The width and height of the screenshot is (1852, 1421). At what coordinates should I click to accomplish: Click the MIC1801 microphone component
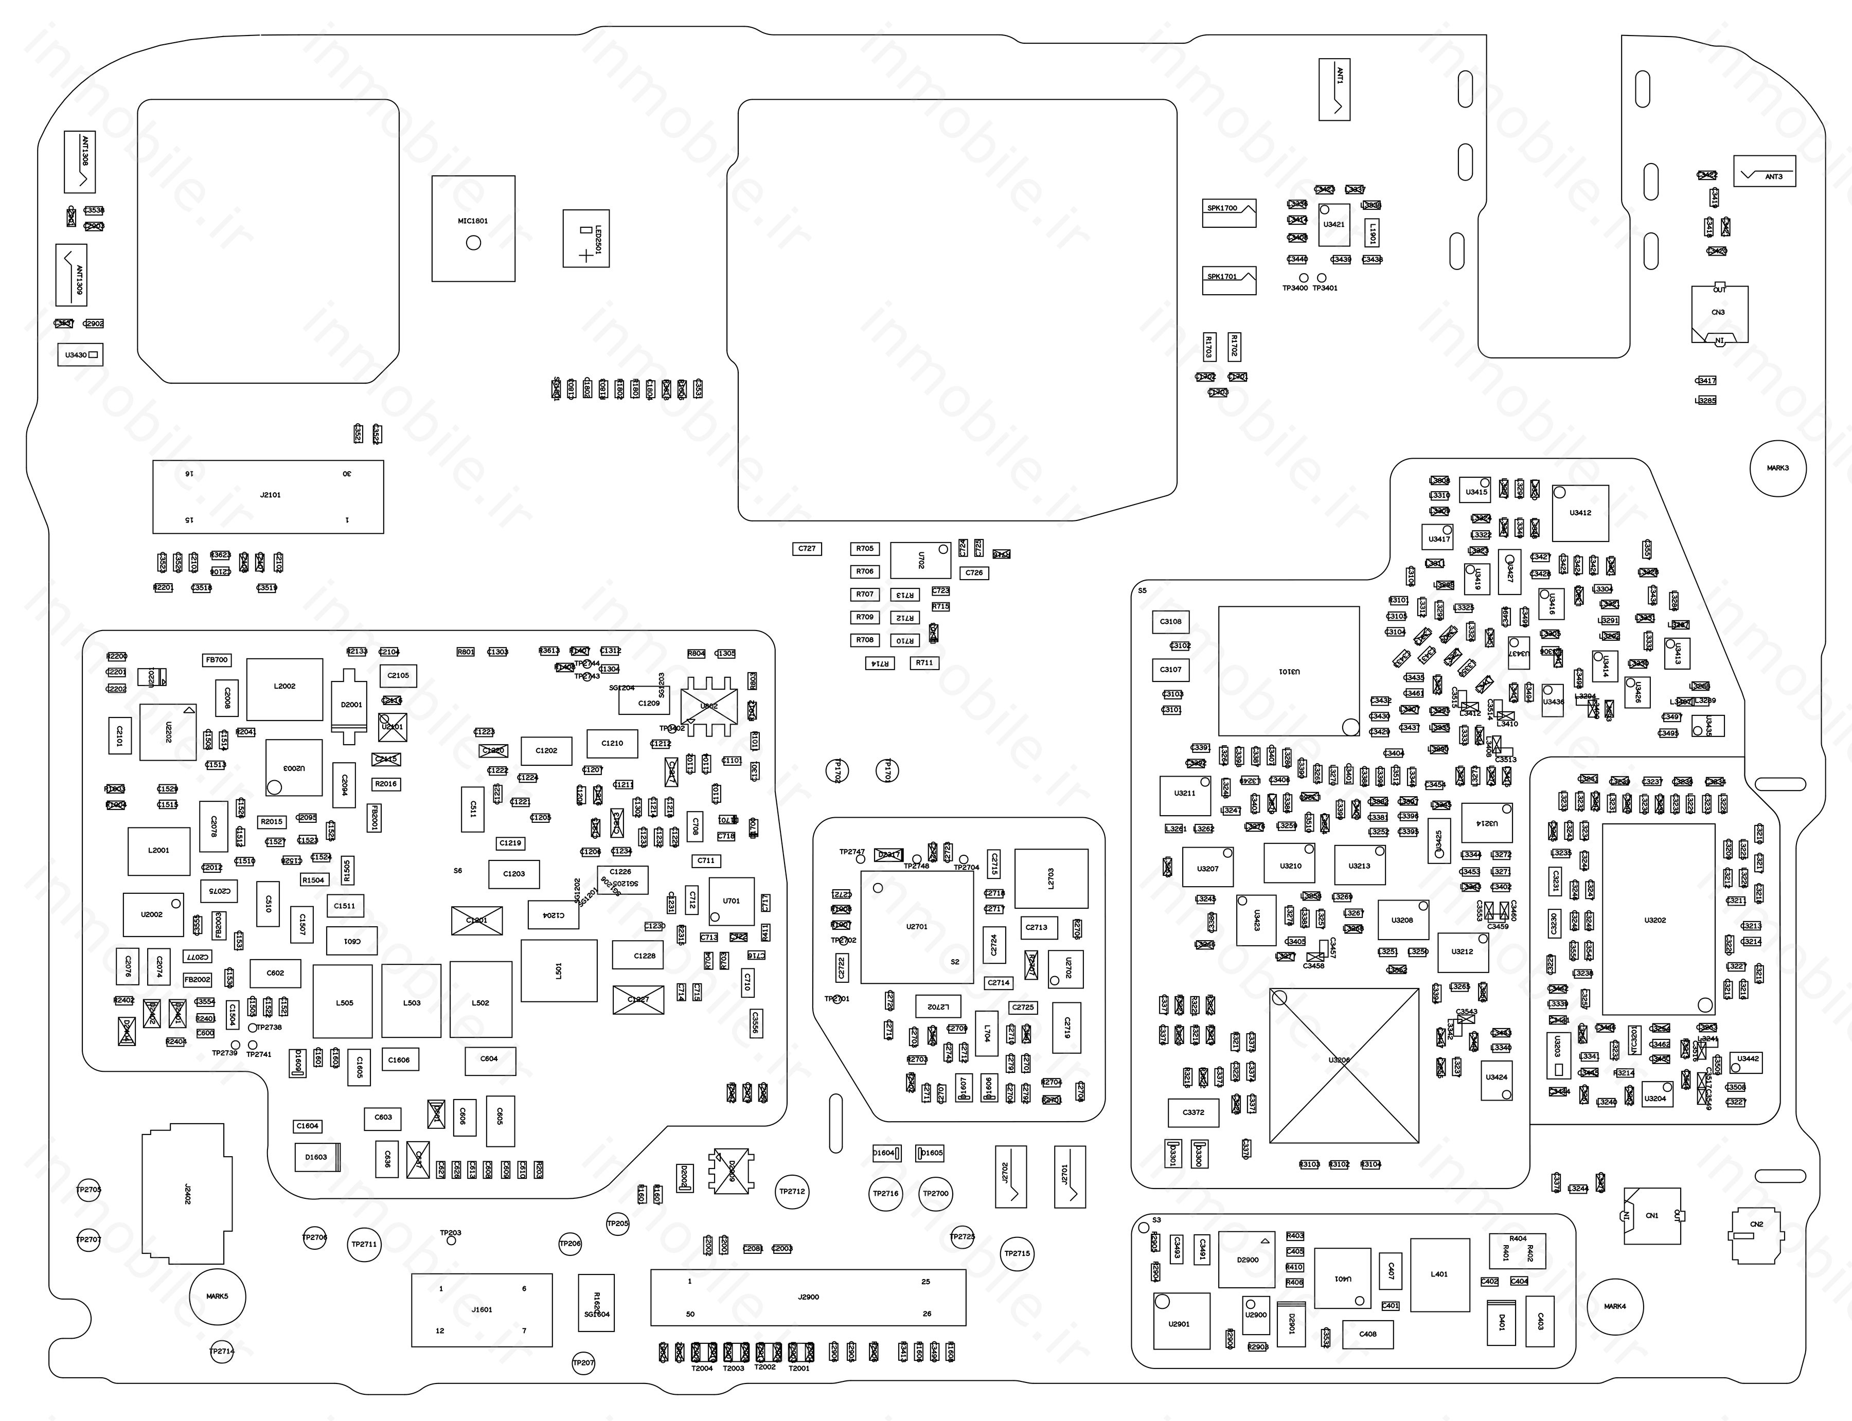[x=473, y=228]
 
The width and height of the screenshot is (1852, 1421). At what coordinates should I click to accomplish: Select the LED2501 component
[x=585, y=239]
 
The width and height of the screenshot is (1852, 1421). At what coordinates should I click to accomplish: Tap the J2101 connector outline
[x=268, y=496]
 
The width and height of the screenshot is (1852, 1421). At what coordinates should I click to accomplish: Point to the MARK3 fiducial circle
[x=1777, y=467]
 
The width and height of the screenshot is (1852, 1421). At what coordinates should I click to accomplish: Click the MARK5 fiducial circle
[x=218, y=1296]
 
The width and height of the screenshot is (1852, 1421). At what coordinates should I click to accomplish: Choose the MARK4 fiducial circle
[x=1614, y=1306]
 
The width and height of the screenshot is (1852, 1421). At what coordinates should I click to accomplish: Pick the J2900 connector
[x=808, y=1297]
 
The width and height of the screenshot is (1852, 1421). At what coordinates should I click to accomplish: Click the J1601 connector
[x=482, y=1309]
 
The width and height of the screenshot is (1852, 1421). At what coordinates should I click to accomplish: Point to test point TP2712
[x=792, y=1191]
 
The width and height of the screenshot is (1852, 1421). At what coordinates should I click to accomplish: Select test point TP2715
[x=1017, y=1253]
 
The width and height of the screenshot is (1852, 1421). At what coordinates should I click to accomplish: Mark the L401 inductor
[x=1439, y=1274]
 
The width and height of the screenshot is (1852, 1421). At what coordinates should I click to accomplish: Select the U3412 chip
[x=1579, y=513]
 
